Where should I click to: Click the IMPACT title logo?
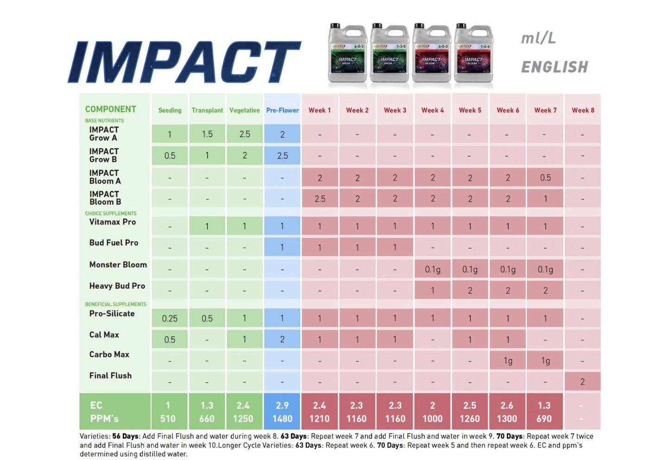pyautogui.click(x=185, y=62)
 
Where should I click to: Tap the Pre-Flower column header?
pyautogui.click(x=282, y=110)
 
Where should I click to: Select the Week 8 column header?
pyautogui.click(x=582, y=110)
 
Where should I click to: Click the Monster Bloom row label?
pyautogui.click(x=118, y=265)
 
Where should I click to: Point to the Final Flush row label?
pyautogui.click(x=110, y=376)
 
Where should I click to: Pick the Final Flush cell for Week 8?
pyautogui.click(x=582, y=382)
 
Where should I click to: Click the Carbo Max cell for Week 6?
pyautogui.click(x=508, y=361)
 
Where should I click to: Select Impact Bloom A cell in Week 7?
pyautogui.click(x=545, y=177)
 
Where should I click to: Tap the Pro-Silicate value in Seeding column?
pyautogui.click(x=170, y=319)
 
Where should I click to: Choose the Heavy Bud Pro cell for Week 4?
pyautogui.click(x=433, y=290)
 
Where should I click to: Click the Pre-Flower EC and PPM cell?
pyautogui.click(x=282, y=412)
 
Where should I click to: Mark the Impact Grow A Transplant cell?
pyautogui.click(x=207, y=134)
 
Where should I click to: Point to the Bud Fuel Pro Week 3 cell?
pyautogui.click(x=395, y=247)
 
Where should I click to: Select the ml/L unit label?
pyautogui.click(x=538, y=38)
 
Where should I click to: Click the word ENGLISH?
pyautogui.click(x=555, y=67)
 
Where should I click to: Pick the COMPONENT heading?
pyautogui.click(x=110, y=109)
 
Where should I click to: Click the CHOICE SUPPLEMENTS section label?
pyautogui.click(x=110, y=214)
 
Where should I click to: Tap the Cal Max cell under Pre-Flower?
pyautogui.click(x=282, y=340)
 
